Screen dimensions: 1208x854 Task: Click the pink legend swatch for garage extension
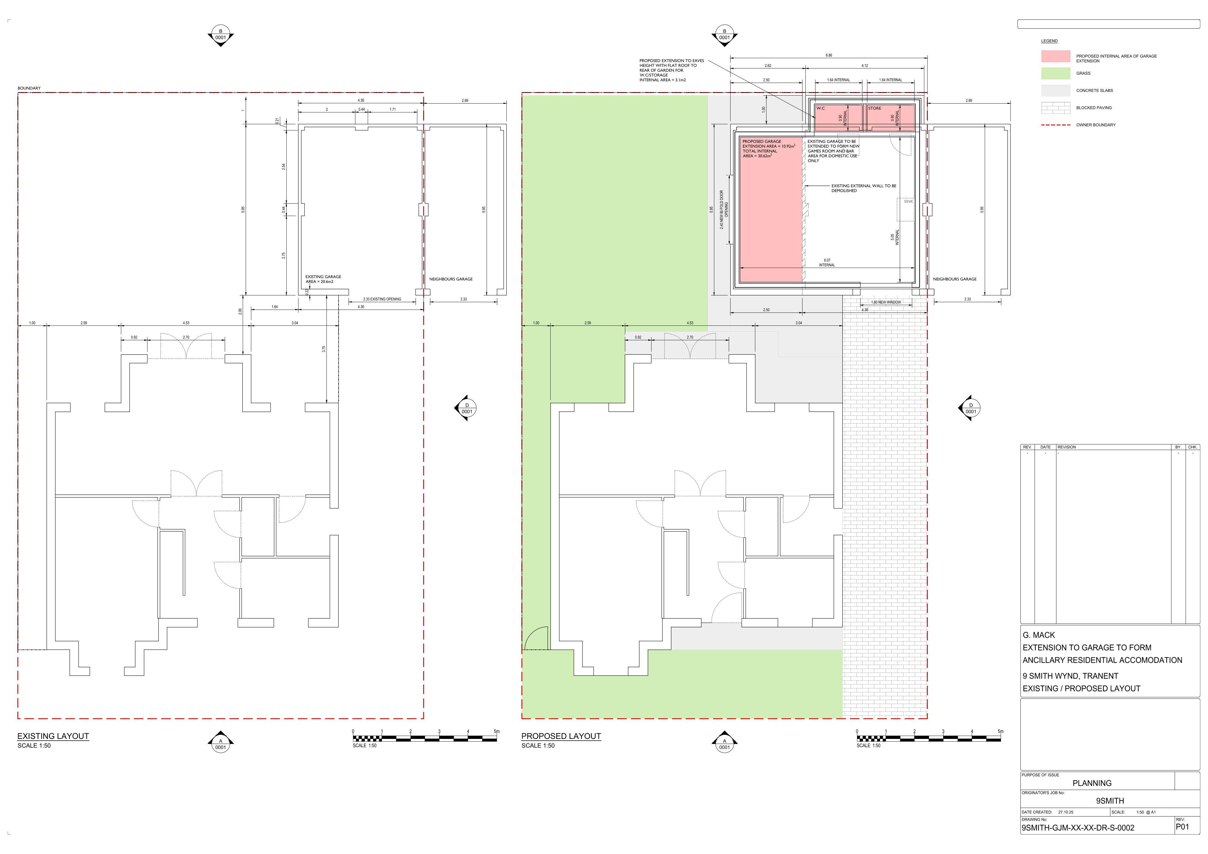[1056, 56]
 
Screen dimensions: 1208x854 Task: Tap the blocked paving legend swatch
[1056, 108]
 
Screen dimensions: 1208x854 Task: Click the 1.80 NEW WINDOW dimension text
[886, 302]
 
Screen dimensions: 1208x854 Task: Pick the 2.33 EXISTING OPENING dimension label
[382, 299]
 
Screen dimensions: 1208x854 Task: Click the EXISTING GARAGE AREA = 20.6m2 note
[323, 279]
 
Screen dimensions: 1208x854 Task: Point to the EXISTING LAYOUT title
[53, 736]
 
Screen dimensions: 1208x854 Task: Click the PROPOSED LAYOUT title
[561, 736]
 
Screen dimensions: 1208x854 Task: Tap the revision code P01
[1182, 827]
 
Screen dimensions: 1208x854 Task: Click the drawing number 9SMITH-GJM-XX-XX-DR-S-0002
[1078, 828]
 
